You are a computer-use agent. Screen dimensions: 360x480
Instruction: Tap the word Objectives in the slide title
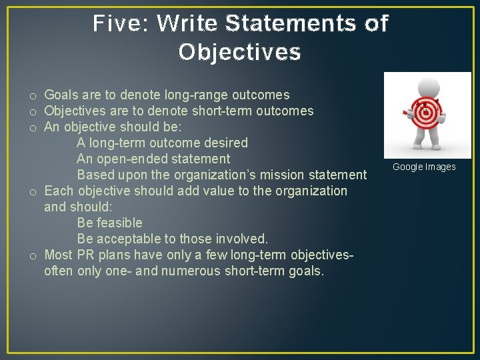(239, 52)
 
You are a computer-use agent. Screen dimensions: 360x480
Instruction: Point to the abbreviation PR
(85, 255)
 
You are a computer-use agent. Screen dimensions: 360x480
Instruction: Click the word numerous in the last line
(189, 271)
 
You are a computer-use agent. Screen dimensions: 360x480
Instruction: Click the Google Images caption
(424, 167)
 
